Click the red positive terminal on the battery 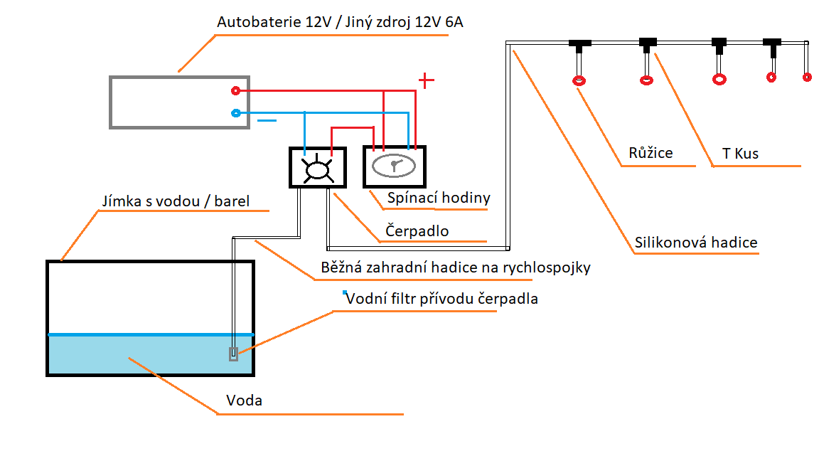[x=236, y=90]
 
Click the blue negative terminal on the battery [x=236, y=113]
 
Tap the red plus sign [x=425, y=80]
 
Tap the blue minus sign [x=267, y=121]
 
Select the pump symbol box [x=317, y=168]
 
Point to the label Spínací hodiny [x=439, y=198]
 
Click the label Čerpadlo [x=417, y=231]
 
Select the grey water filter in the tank [x=233, y=354]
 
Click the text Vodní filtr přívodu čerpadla [x=441, y=299]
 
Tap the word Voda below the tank [x=244, y=401]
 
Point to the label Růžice [x=651, y=153]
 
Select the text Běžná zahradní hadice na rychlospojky [x=456, y=268]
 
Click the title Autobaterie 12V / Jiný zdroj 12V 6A [x=341, y=23]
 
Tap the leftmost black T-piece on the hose [x=580, y=44]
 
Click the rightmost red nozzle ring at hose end [x=807, y=77]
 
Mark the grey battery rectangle [x=179, y=102]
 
